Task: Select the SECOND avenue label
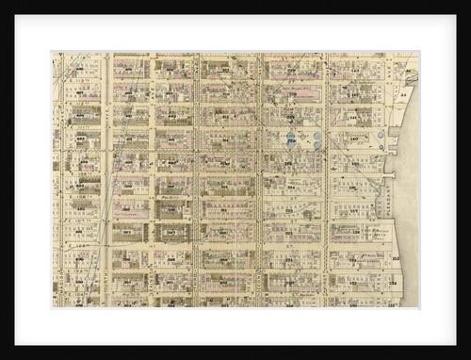click(261, 179)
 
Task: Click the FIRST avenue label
click(326, 179)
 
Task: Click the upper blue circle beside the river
click(381, 135)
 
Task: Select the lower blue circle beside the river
click(380, 147)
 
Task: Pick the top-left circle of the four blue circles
click(291, 136)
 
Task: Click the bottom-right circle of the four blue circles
click(317, 146)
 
